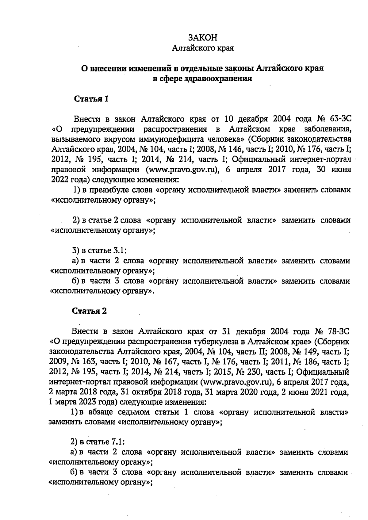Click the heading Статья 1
[x=91, y=99]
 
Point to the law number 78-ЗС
[x=338, y=331]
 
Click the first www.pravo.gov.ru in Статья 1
[x=184, y=170]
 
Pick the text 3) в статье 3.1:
[x=99, y=250]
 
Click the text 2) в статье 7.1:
[x=97, y=442]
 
